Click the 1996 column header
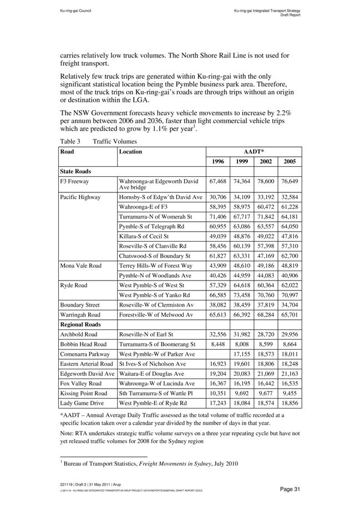(x=217, y=161)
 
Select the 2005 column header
(x=290, y=161)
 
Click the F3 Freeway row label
(x=75, y=181)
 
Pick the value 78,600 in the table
(x=266, y=181)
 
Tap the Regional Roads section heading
(x=81, y=324)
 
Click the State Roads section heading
(x=76, y=171)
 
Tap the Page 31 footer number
(x=290, y=488)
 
